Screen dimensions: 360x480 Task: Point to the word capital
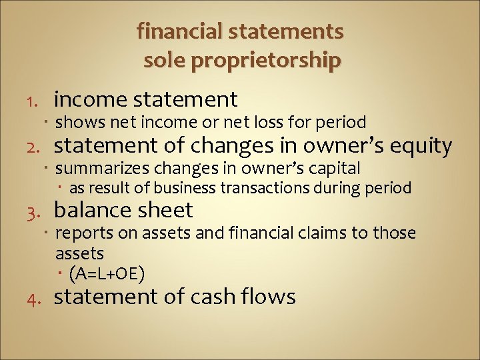click(333, 169)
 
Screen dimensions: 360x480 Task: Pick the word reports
click(81, 234)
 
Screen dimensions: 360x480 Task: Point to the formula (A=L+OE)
click(107, 273)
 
